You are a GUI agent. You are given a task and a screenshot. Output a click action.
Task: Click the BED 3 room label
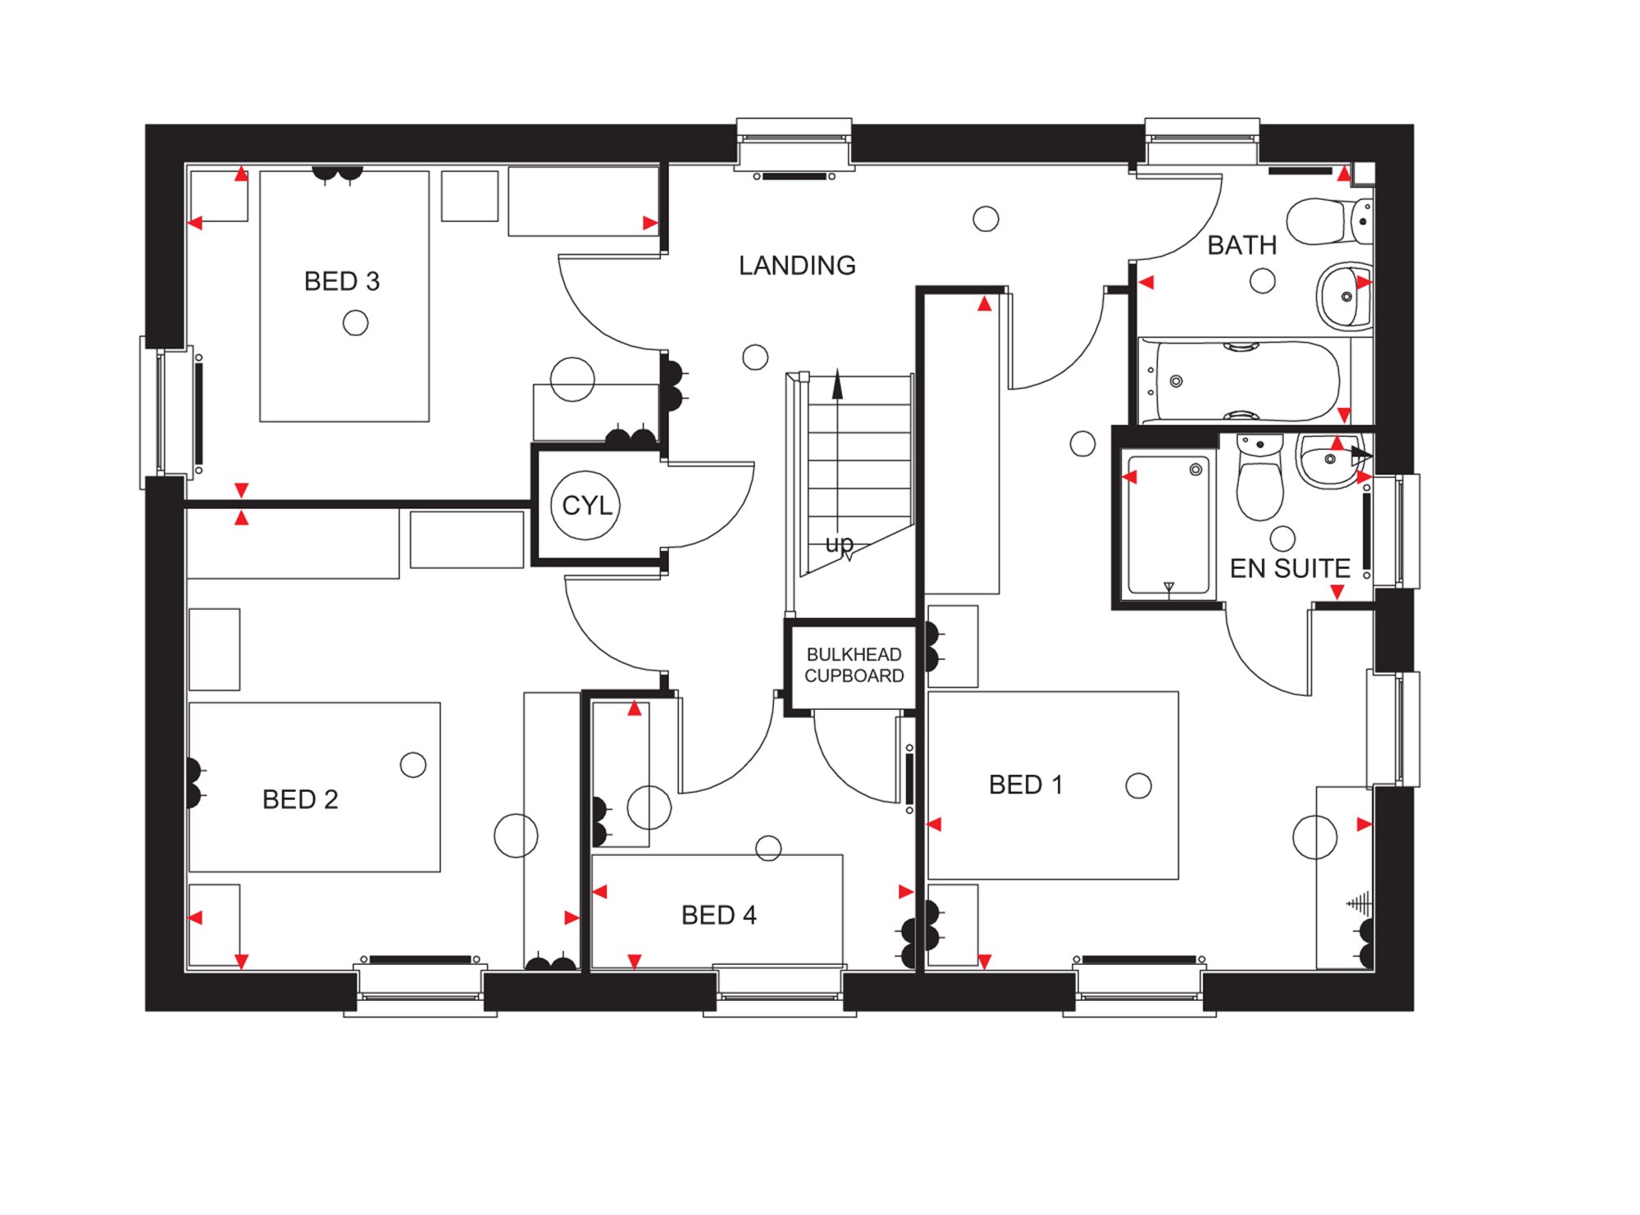point(342,281)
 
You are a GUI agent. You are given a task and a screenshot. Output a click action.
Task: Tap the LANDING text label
point(796,266)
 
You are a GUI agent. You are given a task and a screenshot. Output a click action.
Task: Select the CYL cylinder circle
point(586,505)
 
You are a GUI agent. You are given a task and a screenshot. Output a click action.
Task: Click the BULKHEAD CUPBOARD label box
point(854,665)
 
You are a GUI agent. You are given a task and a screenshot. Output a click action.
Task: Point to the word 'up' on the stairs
point(839,544)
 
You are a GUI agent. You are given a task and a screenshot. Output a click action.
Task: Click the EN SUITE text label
point(1289,568)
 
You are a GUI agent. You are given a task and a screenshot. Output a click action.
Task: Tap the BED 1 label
point(1025,785)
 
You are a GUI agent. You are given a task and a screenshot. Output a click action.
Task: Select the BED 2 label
point(300,799)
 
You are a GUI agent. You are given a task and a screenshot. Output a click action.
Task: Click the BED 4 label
point(718,915)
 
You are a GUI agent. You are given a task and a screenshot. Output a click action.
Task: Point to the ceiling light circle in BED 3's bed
point(355,323)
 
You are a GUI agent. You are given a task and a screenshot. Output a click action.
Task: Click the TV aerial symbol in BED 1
point(1359,903)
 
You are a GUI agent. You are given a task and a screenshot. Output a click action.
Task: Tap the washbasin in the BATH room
point(1346,296)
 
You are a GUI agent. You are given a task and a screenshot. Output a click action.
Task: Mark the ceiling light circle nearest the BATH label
point(1262,281)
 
